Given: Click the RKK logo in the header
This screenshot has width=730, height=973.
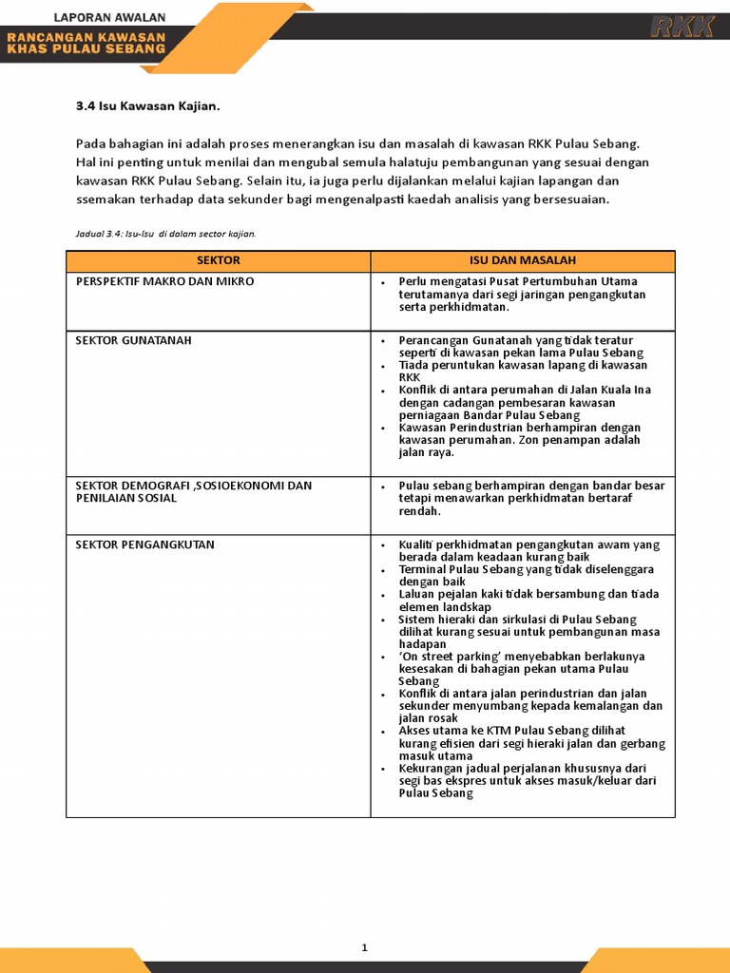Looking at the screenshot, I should pos(682,27).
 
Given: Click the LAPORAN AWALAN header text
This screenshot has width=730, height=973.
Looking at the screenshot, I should pos(110,17).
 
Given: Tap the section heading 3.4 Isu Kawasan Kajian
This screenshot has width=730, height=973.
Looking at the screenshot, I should pos(154,106).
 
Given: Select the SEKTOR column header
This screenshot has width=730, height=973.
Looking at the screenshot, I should pos(218,260).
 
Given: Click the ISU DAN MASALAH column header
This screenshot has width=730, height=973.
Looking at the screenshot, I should pos(522,260).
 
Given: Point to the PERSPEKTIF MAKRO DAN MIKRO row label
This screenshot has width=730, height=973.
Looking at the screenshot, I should pos(164,282).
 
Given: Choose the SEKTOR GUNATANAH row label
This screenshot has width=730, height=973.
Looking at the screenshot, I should pos(133,340).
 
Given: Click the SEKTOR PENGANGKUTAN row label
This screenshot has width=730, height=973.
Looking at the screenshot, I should pos(144,544).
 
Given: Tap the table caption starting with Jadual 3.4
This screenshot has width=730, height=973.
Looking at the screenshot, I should pos(166,233).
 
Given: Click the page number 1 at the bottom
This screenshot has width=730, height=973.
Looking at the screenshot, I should pos(364,947).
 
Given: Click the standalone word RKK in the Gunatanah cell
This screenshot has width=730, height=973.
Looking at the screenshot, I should pos(409,377).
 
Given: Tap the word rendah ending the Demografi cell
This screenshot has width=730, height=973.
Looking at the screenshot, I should pos(419,510).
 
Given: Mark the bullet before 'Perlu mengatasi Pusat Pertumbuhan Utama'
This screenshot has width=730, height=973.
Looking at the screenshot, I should pos(382,282).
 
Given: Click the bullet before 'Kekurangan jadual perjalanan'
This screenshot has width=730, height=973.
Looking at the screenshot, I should pos(382,769).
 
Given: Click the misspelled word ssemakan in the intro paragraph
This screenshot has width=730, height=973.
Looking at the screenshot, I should pos(107,200).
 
